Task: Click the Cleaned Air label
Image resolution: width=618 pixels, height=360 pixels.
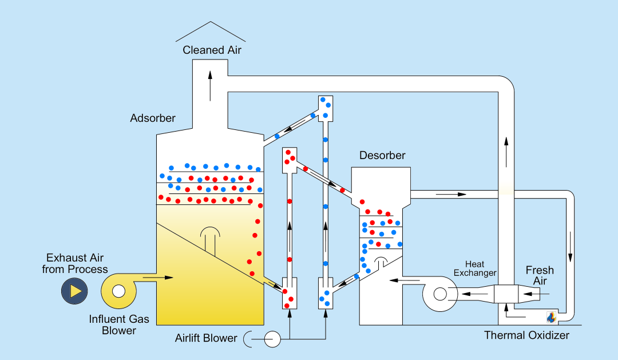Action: coord(212,50)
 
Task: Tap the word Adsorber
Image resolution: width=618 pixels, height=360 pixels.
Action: coord(153,118)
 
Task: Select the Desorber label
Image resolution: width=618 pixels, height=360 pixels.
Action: coord(382,156)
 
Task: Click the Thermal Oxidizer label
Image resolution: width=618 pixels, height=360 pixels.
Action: coord(526,335)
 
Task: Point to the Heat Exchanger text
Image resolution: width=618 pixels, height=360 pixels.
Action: coord(475,268)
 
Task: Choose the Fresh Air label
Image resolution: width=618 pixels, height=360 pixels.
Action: coord(540,275)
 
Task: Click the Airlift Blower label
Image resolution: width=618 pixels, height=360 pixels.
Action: coord(206,338)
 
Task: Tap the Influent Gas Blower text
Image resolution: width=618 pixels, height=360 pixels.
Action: coord(119,325)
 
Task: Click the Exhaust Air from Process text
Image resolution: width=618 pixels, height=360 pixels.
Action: coord(75,263)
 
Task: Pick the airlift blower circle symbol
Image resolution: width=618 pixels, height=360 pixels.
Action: coord(272,339)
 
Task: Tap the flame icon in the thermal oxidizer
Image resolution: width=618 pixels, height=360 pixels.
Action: coord(551,317)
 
